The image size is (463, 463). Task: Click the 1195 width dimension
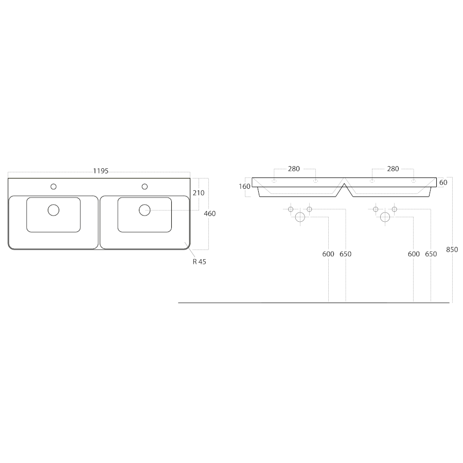pos(101,171)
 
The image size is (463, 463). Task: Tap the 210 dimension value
pos(199,193)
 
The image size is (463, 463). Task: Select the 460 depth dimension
pos(210,213)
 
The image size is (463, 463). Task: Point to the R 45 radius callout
pos(199,262)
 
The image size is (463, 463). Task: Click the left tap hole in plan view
pos(54,187)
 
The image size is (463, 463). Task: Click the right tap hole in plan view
pos(145,187)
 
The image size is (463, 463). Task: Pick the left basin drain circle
pos(54,210)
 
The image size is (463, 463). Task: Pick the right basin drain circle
pos(145,210)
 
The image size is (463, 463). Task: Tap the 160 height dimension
pos(244,186)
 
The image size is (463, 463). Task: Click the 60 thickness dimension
pos(443,183)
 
